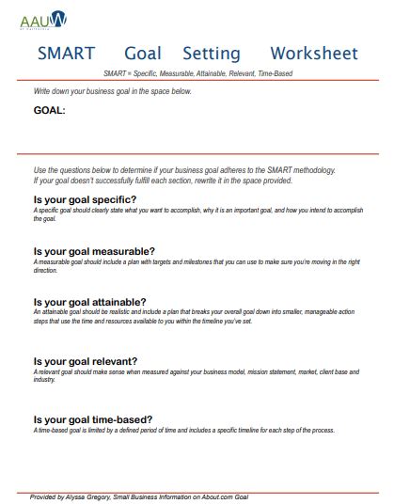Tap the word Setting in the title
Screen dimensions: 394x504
[x=212, y=54]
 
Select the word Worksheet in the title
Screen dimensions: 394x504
[x=314, y=54]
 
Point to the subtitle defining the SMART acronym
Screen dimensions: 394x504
[x=197, y=72]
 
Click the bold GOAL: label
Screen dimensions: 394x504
[x=49, y=110]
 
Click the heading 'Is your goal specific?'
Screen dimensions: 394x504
[x=85, y=199]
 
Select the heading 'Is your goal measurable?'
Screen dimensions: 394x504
[x=94, y=251]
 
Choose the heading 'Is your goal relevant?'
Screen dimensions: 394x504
[x=86, y=361]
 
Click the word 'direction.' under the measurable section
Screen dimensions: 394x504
[x=45, y=270]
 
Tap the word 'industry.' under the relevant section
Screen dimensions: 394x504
[x=44, y=380]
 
